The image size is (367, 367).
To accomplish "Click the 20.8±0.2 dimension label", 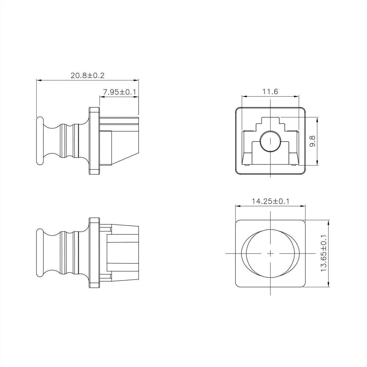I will coord(87,76).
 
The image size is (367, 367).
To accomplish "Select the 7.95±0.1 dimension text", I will coord(119,92).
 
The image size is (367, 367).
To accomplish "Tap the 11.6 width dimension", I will coord(270,91).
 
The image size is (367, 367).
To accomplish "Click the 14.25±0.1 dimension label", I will coord(270,201).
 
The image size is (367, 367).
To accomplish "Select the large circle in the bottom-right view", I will coord(270,253).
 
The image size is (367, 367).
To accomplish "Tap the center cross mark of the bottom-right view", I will coord(270,253).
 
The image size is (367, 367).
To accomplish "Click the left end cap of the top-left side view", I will coord(39,141).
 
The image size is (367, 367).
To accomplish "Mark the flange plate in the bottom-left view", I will coord(94,253).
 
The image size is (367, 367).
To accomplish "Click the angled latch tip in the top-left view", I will coord(125,156).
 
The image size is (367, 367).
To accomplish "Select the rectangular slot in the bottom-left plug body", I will coord(122,253).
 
